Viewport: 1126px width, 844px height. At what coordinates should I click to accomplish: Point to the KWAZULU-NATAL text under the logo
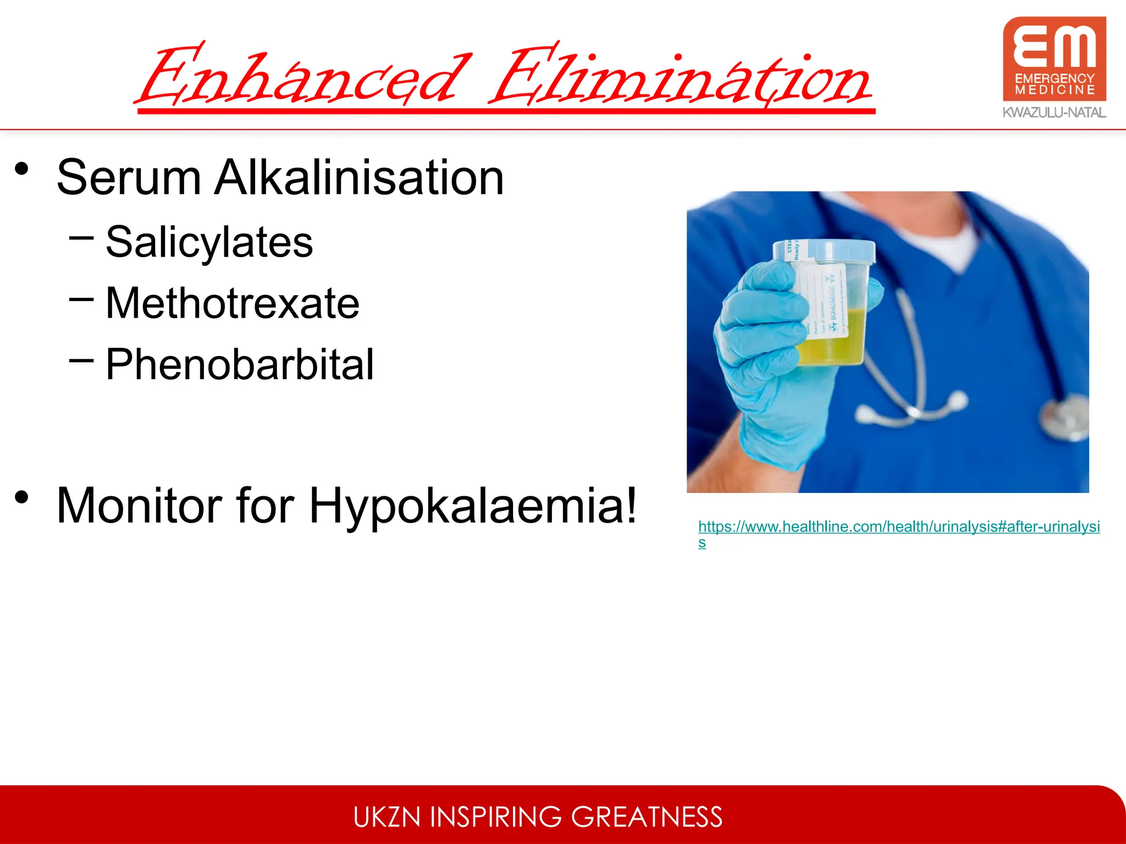point(1054,113)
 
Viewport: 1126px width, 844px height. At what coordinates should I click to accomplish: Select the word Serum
point(129,177)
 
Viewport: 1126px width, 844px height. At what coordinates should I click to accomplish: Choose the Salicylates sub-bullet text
point(209,242)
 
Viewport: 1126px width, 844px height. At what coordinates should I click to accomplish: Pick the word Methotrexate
point(232,303)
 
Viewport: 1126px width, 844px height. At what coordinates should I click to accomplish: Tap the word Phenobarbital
point(240,364)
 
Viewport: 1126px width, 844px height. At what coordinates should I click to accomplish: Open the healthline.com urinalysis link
point(898,527)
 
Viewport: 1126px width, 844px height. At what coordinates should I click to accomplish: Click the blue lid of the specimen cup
point(825,251)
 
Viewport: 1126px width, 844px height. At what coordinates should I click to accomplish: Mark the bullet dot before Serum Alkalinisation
point(22,168)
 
